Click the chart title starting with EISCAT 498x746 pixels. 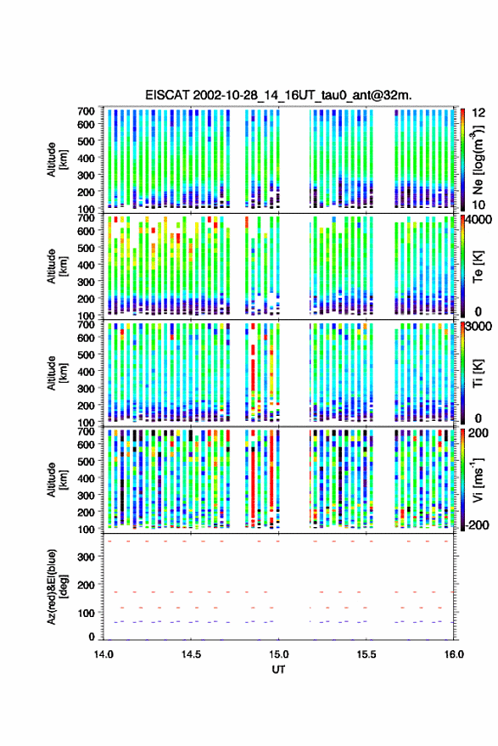click(x=278, y=95)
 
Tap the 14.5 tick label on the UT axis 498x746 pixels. click(x=191, y=654)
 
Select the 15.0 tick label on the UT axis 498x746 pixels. click(x=278, y=654)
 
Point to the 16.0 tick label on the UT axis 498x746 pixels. click(x=454, y=654)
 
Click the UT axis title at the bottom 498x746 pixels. click(x=278, y=670)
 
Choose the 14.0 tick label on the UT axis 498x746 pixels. click(x=104, y=654)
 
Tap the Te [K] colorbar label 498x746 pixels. click(x=478, y=266)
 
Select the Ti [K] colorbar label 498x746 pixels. click(x=478, y=373)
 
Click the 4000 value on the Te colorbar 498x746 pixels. click(x=479, y=220)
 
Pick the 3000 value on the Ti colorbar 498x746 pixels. click(x=479, y=327)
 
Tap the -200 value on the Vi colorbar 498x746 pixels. click(x=478, y=525)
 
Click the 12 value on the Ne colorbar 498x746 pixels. click(x=479, y=113)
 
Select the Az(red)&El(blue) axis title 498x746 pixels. click(x=58, y=586)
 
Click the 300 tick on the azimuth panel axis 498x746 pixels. click(x=86, y=557)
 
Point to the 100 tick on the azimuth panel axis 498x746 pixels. click(x=86, y=614)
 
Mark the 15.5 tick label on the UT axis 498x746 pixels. click(x=367, y=654)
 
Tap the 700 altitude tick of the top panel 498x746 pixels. click(x=86, y=111)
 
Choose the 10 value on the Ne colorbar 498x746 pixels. click(x=478, y=205)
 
